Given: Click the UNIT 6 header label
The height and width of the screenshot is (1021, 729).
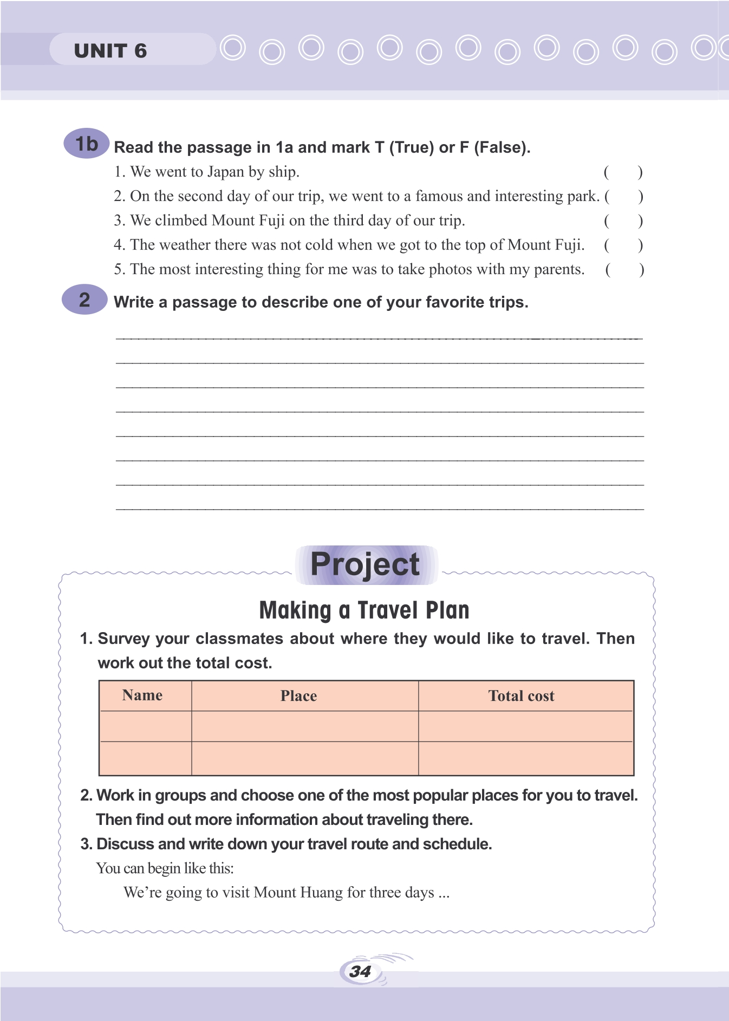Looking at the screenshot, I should click(110, 51).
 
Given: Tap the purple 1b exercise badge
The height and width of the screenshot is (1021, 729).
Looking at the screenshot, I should click(87, 144).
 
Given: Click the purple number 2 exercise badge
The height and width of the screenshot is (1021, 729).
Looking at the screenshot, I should click(84, 300).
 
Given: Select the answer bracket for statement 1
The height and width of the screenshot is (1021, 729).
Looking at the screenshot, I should click(623, 172).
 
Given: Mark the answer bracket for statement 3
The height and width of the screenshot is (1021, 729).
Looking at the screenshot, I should click(623, 221).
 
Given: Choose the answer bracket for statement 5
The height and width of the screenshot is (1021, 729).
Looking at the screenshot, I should click(624, 270).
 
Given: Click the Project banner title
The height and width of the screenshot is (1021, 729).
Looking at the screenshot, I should click(366, 564).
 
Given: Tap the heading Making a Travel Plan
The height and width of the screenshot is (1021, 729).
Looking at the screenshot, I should click(364, 610).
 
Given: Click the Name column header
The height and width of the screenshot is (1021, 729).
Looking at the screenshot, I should click(142, 695).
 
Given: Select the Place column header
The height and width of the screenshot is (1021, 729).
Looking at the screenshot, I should click(298, 696).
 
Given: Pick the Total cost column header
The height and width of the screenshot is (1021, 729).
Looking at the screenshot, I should click(521, 696).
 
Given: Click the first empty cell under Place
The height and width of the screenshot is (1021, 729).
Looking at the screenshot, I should click(304, 726).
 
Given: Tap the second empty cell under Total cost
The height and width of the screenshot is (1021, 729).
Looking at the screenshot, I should click(525, 758).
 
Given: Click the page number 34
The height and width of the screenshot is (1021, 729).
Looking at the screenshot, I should click(360, 971).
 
